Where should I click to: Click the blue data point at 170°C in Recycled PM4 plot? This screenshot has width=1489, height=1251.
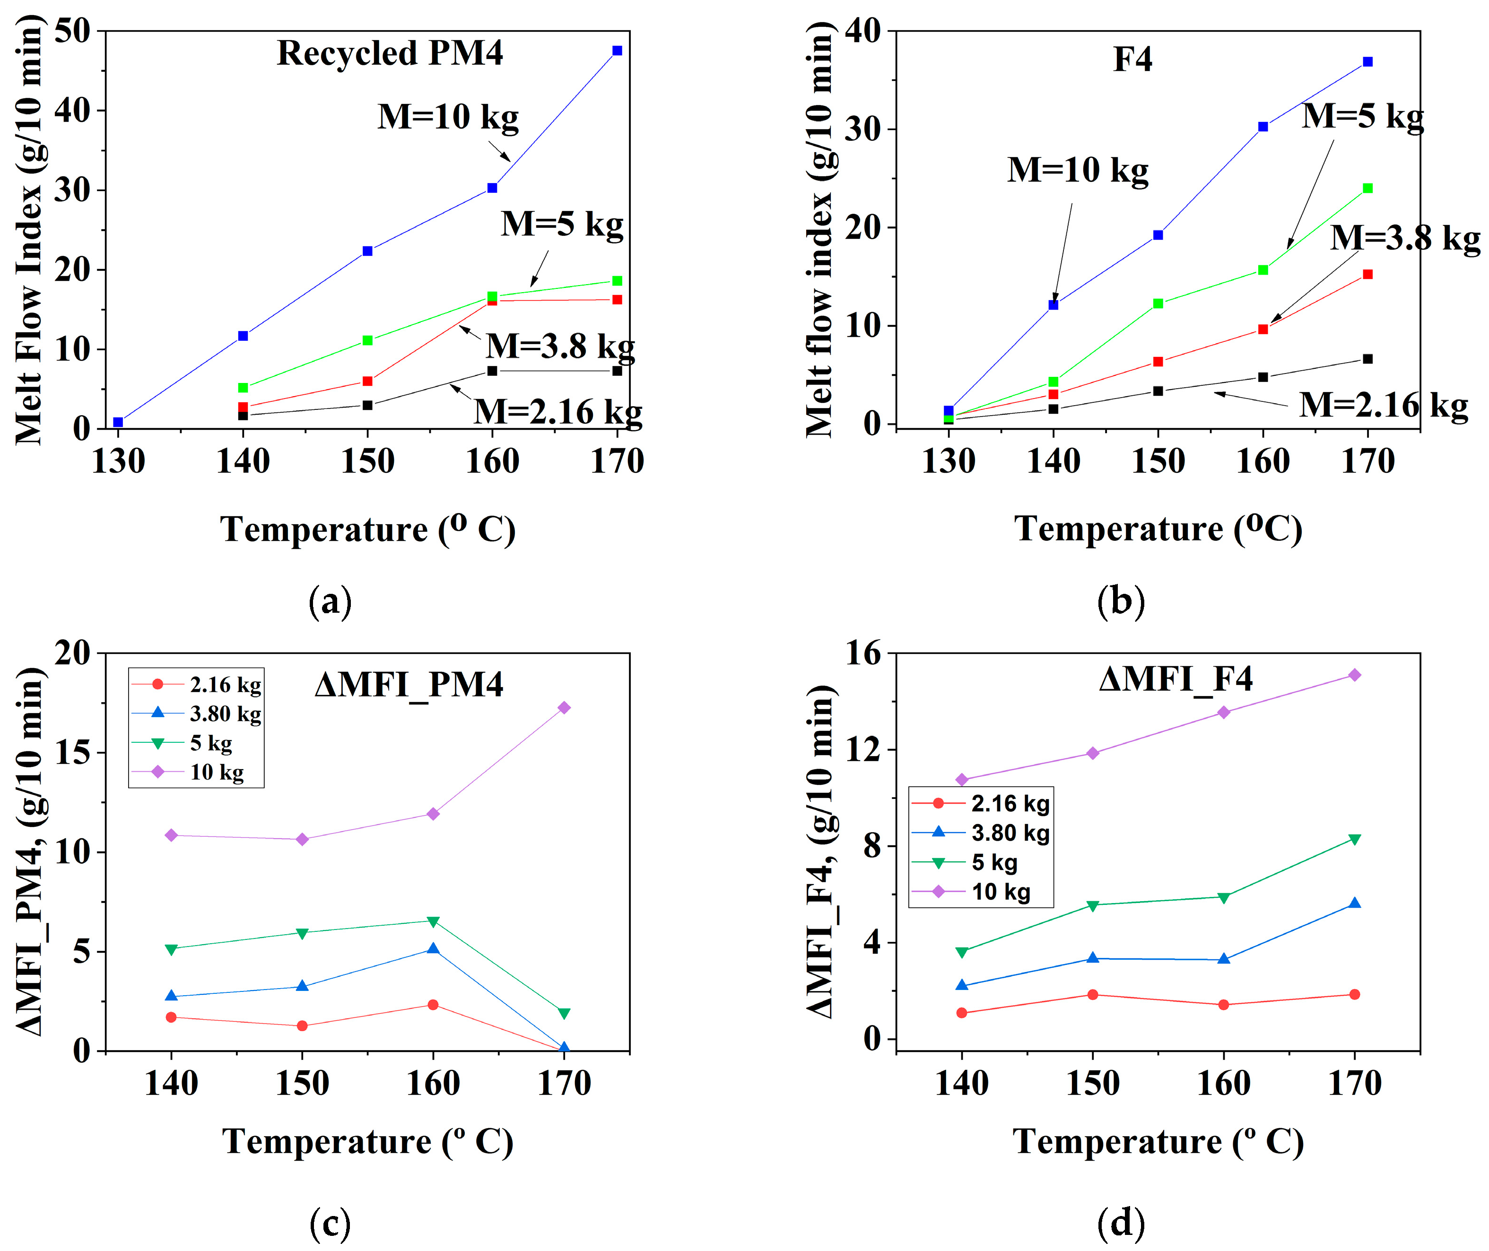click(617, 50)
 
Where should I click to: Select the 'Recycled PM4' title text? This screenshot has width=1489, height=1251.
click(390, 53)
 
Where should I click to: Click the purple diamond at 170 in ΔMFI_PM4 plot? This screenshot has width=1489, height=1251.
click(564, 707)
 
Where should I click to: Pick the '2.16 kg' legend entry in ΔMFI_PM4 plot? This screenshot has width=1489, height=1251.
click(225, 685)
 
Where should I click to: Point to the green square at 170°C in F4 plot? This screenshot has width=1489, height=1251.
click(1367, 188)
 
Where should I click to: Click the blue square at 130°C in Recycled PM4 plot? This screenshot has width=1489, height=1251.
click(118, 422)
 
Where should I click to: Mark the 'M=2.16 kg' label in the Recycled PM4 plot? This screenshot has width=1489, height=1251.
click(557, 411)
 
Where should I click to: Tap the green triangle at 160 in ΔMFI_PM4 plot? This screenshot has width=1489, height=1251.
click(433, 921)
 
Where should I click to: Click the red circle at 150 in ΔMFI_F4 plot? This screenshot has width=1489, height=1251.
click(1092, 994)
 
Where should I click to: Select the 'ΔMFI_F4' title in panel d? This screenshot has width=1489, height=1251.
click(1176, 679)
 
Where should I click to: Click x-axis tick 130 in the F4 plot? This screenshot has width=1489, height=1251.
click(949, 461)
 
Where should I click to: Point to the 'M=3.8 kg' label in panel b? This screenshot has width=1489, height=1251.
click(1404, 237)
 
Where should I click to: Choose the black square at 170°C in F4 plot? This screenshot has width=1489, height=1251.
click(1367, 359)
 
